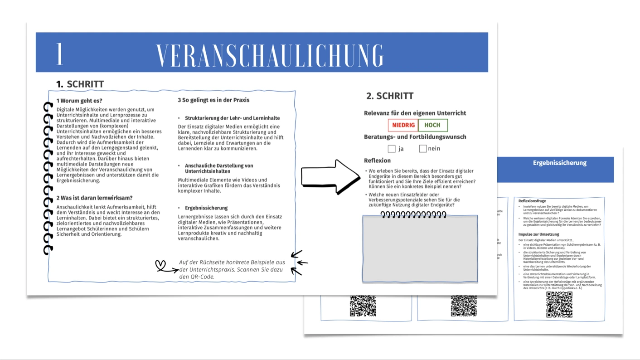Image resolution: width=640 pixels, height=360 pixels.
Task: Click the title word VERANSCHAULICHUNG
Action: tap(270, 55)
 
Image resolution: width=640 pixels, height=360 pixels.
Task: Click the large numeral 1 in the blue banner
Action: tap(59, 54)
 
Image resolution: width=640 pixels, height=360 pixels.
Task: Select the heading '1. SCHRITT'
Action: tap(80, 84)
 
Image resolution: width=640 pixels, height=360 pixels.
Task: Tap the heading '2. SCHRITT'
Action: tap(390, 96)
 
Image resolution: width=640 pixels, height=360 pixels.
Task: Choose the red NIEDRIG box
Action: tap(403, 125)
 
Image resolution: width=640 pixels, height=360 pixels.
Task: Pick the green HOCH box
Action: tap(432, 125)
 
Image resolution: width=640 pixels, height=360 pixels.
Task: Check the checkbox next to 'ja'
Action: tap(392, 149)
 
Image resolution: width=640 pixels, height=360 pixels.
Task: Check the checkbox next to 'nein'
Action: tap(423, 148)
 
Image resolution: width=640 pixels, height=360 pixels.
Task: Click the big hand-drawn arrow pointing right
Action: tap(330, 176)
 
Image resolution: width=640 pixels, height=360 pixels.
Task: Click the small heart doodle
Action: tap(160, 265)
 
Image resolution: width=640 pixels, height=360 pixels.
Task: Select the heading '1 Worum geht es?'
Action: tap(79, 101)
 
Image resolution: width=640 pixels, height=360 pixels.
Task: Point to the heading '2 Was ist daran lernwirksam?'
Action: tap(94, 198)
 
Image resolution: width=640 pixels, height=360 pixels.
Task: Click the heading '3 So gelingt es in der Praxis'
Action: tap(213, 100)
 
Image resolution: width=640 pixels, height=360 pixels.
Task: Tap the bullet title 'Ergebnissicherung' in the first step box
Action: tap(206, 208)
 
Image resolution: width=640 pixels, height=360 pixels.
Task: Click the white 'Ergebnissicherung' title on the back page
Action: tap(559, 163)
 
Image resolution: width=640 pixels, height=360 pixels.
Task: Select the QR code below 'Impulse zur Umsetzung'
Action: tap(559, 304)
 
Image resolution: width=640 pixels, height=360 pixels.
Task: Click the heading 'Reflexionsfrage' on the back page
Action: tap(532, 201)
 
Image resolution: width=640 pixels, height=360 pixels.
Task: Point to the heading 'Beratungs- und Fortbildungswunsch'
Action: tap(415, 137)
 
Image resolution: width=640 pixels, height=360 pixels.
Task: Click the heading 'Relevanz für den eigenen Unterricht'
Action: tap(415, 113)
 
